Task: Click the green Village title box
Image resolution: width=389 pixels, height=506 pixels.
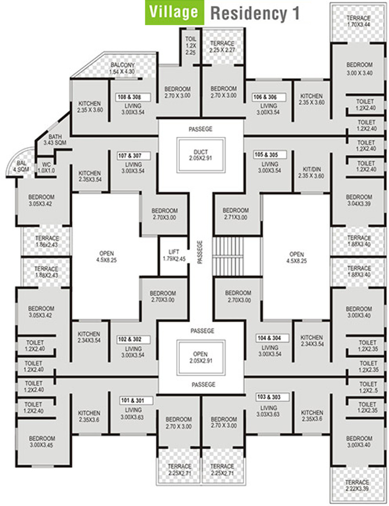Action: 174,12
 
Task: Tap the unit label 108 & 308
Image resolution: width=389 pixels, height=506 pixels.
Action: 130,97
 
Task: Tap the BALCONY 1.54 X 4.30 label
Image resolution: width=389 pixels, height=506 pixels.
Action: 122,69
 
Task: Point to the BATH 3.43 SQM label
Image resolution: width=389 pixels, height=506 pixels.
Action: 53,140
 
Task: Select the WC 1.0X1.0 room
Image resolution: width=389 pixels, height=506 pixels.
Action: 46,167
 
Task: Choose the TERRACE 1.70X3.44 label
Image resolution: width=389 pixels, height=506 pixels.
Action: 358,21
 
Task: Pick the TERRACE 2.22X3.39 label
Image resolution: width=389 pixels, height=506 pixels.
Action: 357,485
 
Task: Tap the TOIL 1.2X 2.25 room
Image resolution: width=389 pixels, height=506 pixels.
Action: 190,46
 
